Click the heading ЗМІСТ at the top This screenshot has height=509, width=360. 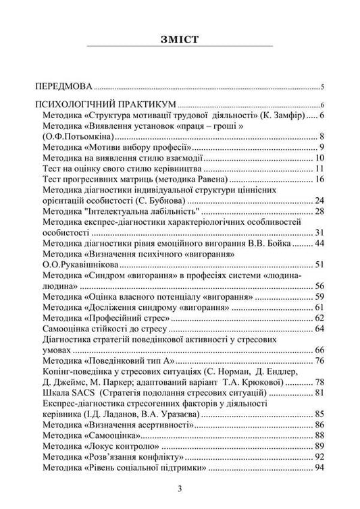click(180, 38)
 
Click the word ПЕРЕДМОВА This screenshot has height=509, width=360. click(63, 87)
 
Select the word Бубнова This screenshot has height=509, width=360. click(166, 200)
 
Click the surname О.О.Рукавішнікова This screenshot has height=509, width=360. click(78, 265)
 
